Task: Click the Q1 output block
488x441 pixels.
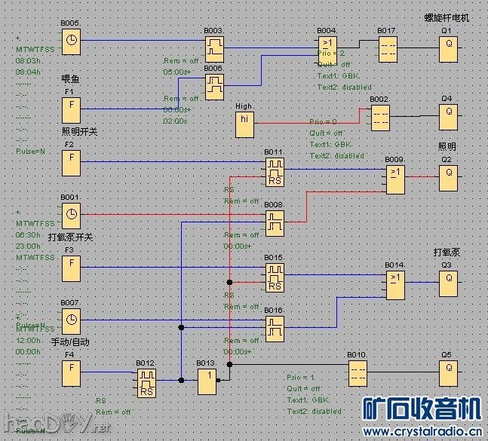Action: (448, 48)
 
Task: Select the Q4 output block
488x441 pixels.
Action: (448, 116)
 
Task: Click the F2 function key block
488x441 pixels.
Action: (71, 161)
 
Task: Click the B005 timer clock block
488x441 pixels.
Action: (71, 41)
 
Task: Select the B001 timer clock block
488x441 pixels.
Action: (71, 214)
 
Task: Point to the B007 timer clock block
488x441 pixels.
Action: (71, 320)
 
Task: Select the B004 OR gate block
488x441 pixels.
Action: (327, 48)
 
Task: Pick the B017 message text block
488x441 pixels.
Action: (388, 48)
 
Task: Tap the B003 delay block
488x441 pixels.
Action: (214, 48)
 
